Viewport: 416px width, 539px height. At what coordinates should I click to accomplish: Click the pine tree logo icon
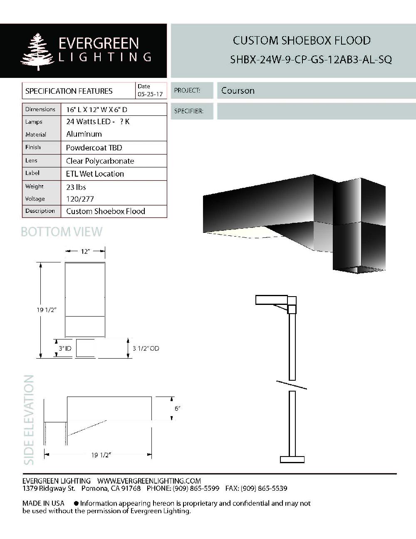pyautogui.click(x=37, y=52)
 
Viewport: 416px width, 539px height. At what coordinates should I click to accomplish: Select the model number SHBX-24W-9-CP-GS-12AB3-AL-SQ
pyautogui.click(x=311, y=60)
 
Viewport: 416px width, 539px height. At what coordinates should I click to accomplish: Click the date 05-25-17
pyautogui.click(x=150, y=95)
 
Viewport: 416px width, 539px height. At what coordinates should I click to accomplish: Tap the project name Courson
pyautogui.click(x=238, y=90)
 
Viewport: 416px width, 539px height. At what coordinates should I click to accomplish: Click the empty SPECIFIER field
pyautogui.click(x=316, y=111)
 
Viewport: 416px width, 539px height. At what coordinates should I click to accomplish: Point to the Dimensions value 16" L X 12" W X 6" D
pyautogui.click(x=97, y=110)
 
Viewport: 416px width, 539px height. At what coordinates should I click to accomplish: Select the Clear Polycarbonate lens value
pyautogui.click(x=100, y=161)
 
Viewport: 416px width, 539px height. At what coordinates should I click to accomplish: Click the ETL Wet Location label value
pyautogui.click(x=95, y=174)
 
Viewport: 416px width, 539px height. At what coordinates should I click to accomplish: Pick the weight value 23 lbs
pyautogui.click(x=76, y=187)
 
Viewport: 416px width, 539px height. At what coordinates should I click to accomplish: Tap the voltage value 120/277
pyautogui.click(x=80, y=199)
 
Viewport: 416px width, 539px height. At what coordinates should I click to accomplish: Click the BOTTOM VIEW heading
pyautogui.click(x=62, y=232)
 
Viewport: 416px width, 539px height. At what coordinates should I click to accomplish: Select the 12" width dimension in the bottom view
pyautogui.click(x=85, y=252)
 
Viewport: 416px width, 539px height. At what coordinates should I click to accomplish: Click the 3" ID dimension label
pyautogui.click(x=65, y=348)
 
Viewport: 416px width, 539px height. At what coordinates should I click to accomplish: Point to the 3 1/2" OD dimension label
pyautogui.click(x=146, y=348)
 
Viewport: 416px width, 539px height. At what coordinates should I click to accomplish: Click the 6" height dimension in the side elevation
pyautogui.click(x=178, y=409)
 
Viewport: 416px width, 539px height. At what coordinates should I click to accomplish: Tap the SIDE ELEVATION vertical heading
pyautogui.click(x=29, y=420)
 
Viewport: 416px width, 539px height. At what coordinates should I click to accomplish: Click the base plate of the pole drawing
pyautogui.click(x=292, y=459)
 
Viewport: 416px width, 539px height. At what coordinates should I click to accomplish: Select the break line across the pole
pyautogui.click(x=292, y=385)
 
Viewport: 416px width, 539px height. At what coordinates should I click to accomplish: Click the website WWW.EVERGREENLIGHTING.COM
pyautogui.click(x=149, y=481)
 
